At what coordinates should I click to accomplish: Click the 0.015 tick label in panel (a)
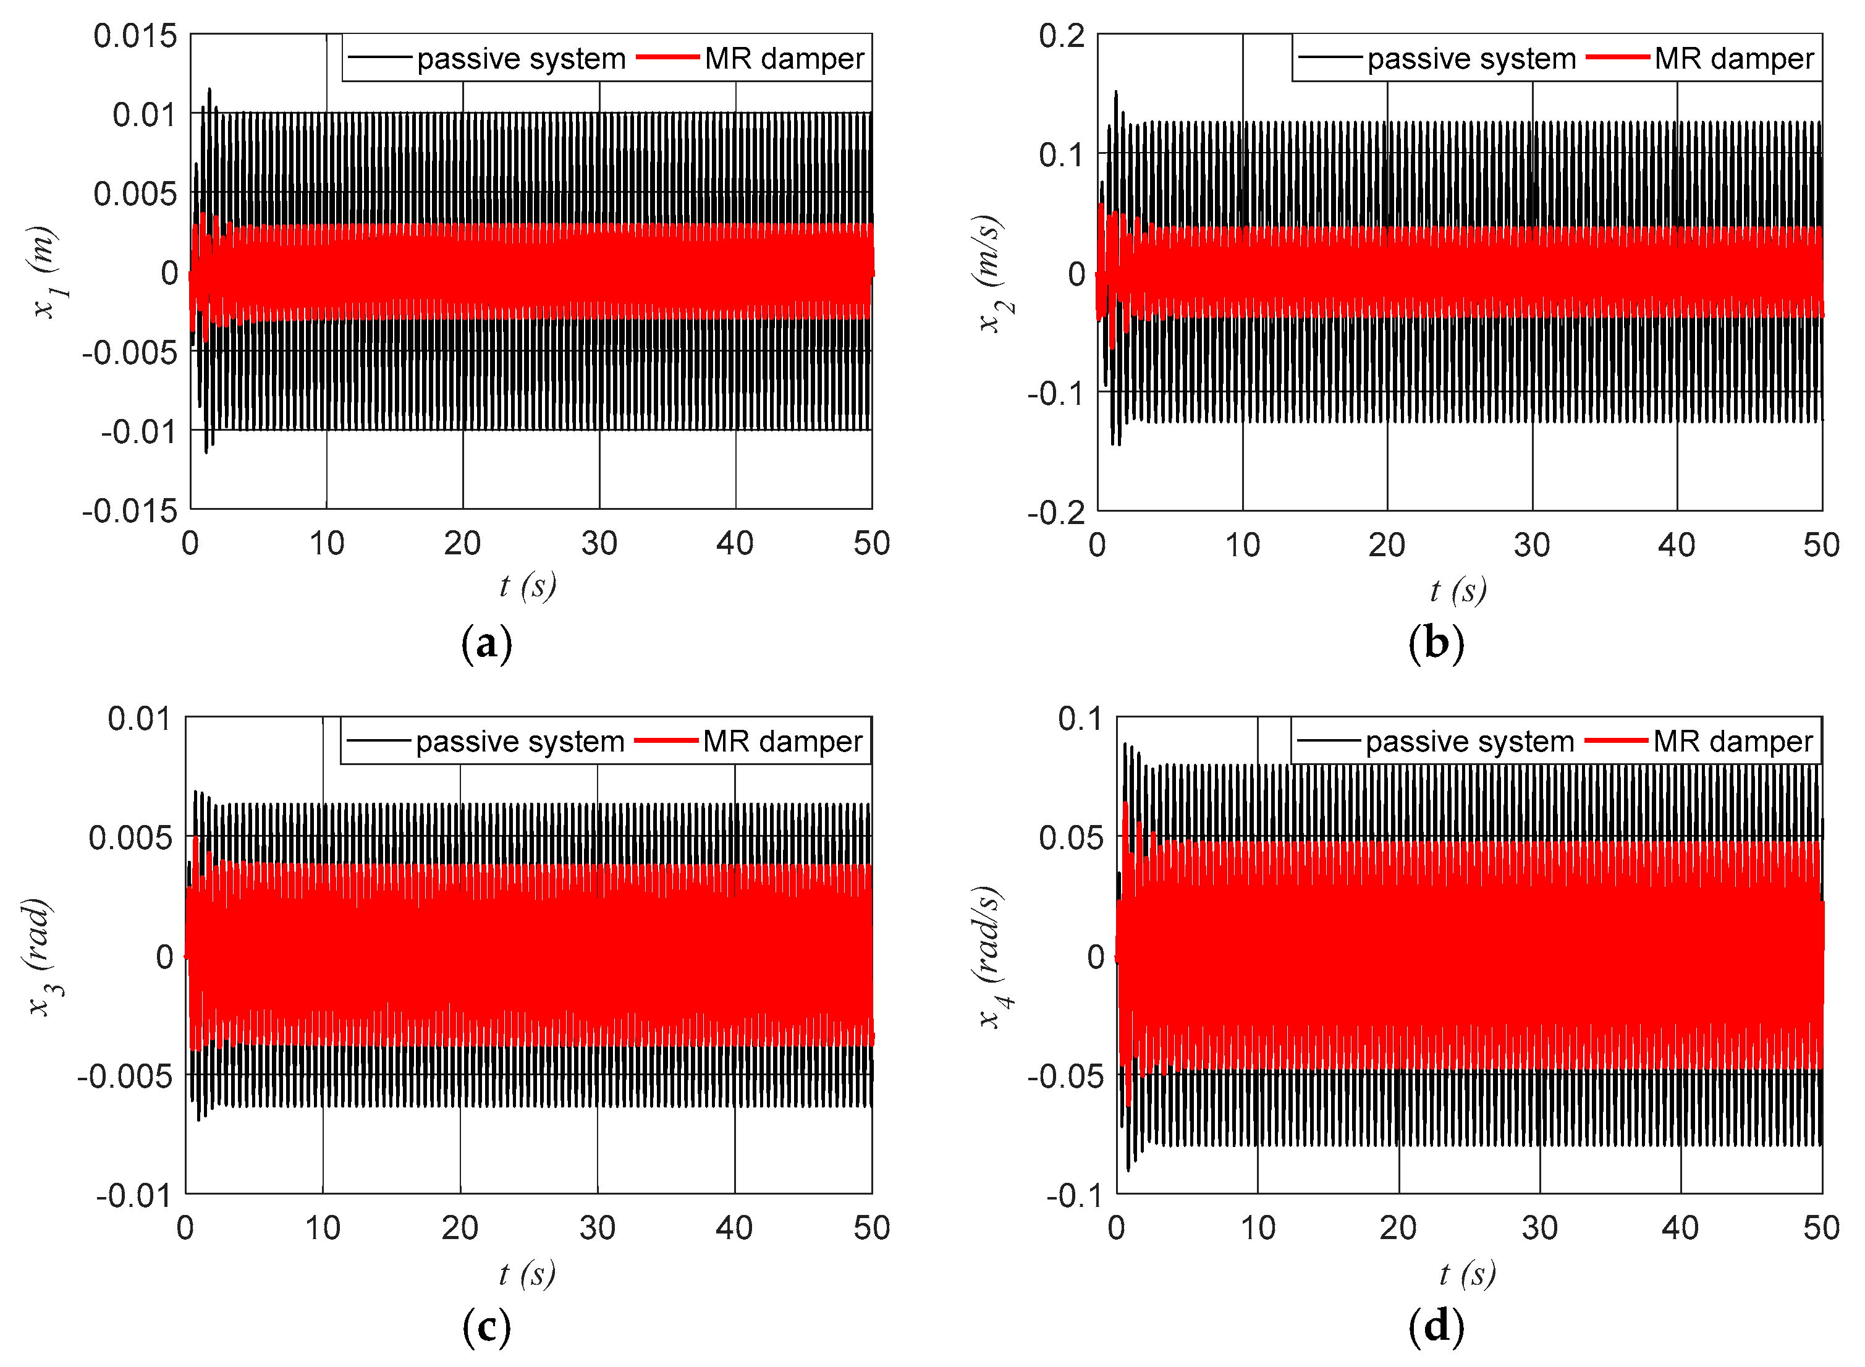[135, 36]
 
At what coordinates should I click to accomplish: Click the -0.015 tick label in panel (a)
[130, 510]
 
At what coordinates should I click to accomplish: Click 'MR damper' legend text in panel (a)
[784, 59]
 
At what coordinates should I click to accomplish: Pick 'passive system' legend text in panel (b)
[1471, 59]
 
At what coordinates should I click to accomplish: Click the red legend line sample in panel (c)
[666, 740]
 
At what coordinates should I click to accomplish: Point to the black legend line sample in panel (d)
[1329, 740]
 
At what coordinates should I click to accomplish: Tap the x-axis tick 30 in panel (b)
[1531, 545]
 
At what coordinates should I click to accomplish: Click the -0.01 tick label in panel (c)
[134, 1196]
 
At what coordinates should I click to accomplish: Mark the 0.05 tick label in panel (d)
[1072, 837]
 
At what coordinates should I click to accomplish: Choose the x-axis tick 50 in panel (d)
[1821, 1228]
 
